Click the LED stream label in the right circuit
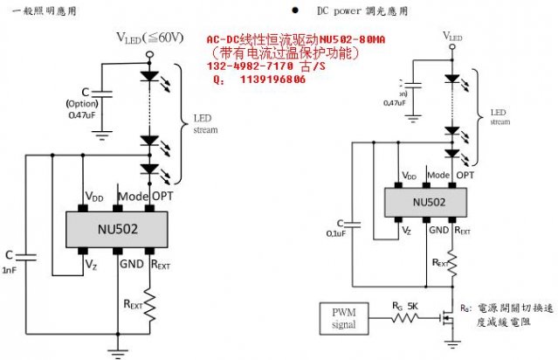[499, 117]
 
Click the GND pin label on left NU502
[131, 263]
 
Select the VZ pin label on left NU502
[92, 263]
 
